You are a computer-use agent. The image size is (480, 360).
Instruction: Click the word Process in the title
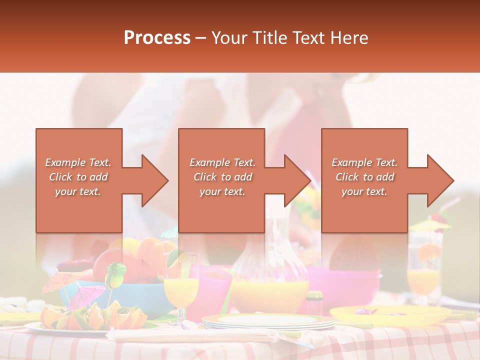click(157, 38)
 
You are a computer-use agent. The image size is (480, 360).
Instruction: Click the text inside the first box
click(78, 177)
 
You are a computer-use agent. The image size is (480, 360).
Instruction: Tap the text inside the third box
click(364, 177)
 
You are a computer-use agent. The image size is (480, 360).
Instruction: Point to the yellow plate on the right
click(390, 315)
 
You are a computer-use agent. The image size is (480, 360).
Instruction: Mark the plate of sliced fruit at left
click(90, 320)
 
